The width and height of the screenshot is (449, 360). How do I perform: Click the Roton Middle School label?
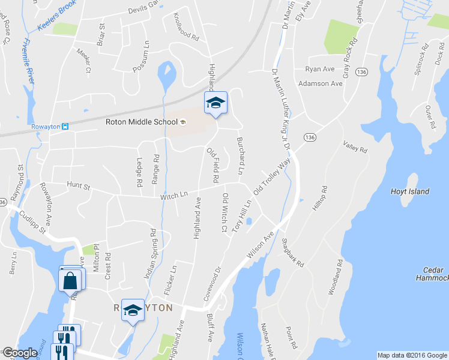[141, 122]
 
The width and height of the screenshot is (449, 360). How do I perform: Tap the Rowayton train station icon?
[65, 127]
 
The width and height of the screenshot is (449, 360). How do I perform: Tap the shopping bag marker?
[70, 280]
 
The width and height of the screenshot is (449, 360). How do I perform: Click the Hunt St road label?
[78, 187]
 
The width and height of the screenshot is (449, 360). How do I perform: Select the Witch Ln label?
[174, 196]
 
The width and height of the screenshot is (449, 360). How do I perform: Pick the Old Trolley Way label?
[272, 176]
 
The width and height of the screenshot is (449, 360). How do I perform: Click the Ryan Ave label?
[319, 69]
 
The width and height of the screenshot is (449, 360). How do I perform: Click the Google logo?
[19, 353]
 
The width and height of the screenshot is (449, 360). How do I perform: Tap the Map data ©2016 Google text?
[411, 355]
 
